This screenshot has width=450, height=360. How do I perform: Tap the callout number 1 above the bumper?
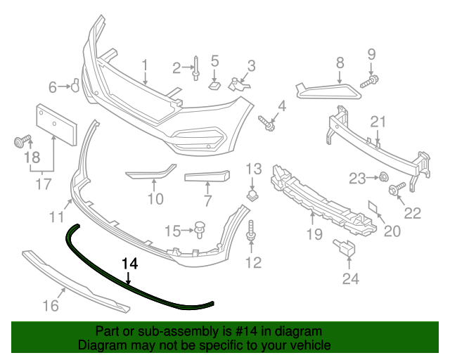[145, 66]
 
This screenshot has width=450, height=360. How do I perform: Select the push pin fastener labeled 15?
[200, 229]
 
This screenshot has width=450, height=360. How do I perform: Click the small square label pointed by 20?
[372, 207]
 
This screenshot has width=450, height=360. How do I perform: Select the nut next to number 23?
[384, 178]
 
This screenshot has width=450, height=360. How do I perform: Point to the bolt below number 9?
[370, 81]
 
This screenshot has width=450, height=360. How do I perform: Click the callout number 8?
[339, 63]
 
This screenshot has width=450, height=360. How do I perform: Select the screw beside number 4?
[266, 124]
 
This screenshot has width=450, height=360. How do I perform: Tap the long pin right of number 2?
[195, 69]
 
